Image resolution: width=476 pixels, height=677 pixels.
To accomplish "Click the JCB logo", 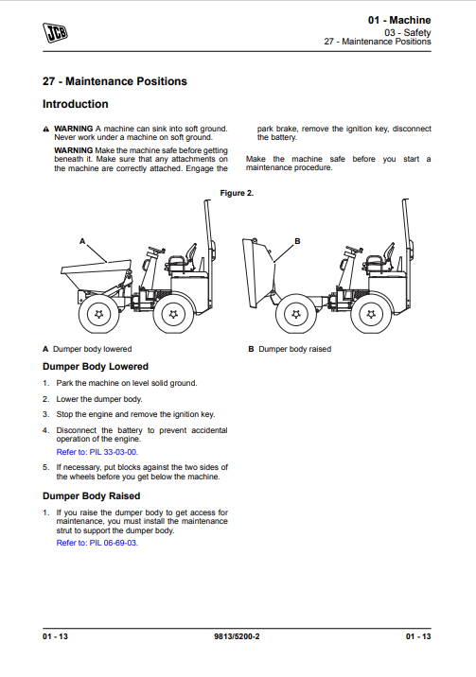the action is tap(55, 32).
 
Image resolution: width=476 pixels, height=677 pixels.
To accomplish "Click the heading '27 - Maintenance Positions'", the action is tap(115, 81).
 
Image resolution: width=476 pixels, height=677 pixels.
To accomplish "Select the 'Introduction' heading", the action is tap(75, 104).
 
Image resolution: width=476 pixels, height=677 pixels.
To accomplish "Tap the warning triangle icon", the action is tap(46, 130).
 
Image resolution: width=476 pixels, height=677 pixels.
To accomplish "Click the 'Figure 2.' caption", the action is tap(237, 193).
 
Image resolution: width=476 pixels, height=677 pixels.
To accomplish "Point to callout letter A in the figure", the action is tap(82, 241).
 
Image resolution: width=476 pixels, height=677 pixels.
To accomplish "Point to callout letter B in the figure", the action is tap(297, 241).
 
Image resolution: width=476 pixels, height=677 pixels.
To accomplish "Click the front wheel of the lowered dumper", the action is tap(99, 314).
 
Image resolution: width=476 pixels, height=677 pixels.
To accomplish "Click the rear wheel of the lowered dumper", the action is tap(173, 314).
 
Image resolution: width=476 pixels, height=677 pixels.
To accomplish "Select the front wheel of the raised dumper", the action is tap(296, 314).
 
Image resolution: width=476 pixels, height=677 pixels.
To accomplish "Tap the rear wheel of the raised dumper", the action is tap(371, 314).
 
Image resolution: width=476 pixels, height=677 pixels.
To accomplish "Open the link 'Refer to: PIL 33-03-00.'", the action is tap(97, 452).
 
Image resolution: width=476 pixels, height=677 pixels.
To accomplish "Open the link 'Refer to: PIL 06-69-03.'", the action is tap(97, 543).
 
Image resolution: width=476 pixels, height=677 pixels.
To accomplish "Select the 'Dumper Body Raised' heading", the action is tap(91, 496).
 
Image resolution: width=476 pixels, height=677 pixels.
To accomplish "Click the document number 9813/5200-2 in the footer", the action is tap(237, 636).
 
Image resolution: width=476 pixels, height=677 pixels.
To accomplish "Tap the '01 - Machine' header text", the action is tap(399, 20).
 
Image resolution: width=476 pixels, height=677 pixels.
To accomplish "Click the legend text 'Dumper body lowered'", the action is tap(92, 349).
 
